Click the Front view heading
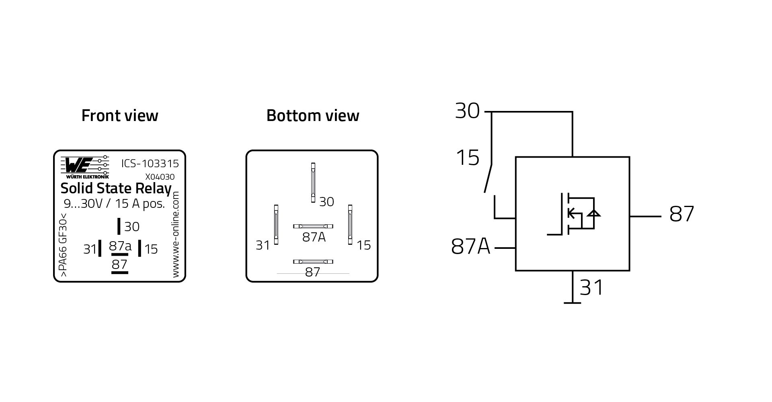(x=120, y=116)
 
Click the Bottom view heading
(x=312, y=116)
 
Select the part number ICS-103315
(x=150, y=164)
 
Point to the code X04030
(x=160, y=177)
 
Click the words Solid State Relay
(x=116, y=189)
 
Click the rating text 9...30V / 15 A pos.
(x=114, y=204)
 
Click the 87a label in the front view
(x=120, y=246)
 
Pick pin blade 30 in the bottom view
(x=313, y=183)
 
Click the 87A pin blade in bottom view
(x=313, y=226)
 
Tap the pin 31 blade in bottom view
(x=276, y=224)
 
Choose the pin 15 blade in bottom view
(x=350, y=224)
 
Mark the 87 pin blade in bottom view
(x=313, y=262)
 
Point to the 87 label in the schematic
(x=682, y=214)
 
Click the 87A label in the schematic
(x=470, y=246)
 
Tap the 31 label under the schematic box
(x=591, y=288)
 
